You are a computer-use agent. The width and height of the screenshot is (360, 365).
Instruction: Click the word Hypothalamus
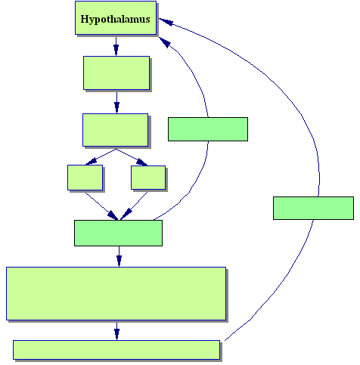pos(115,20)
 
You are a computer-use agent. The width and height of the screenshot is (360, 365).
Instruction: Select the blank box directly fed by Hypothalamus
pos(116,73)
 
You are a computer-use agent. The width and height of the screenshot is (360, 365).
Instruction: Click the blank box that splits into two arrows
pos(116,130)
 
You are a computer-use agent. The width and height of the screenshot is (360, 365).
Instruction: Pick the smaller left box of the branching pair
pos(85,178)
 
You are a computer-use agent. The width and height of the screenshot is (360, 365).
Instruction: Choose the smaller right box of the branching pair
pos(148,178)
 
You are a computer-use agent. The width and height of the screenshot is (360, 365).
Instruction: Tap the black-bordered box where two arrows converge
pos(118,233)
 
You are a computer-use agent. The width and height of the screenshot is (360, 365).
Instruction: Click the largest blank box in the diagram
pos(116,294)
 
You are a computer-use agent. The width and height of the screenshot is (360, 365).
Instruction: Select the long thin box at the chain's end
pos(116,350)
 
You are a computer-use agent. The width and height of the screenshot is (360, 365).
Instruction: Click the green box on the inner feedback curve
pos(208,129)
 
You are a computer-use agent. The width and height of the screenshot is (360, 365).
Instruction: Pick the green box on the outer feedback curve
pos(313,208)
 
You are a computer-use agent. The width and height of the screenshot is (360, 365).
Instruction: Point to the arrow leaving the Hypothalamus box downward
pos(116,46)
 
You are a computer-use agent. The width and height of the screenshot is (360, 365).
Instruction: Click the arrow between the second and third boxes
pos(116,103)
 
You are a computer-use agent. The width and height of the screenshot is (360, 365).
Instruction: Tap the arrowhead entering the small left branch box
pos(91,161)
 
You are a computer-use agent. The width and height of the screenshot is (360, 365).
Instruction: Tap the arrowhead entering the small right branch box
pos(141,162)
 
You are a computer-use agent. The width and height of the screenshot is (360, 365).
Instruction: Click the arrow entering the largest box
pos(119,256)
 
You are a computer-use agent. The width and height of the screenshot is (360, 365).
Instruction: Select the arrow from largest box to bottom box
pos(116,331)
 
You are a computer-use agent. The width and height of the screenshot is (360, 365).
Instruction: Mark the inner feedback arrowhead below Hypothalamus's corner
pos(164,42)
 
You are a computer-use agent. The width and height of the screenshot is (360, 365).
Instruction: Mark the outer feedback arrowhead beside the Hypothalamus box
pos(166,22)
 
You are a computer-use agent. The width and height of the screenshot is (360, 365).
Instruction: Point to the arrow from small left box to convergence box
pos(101,206)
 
